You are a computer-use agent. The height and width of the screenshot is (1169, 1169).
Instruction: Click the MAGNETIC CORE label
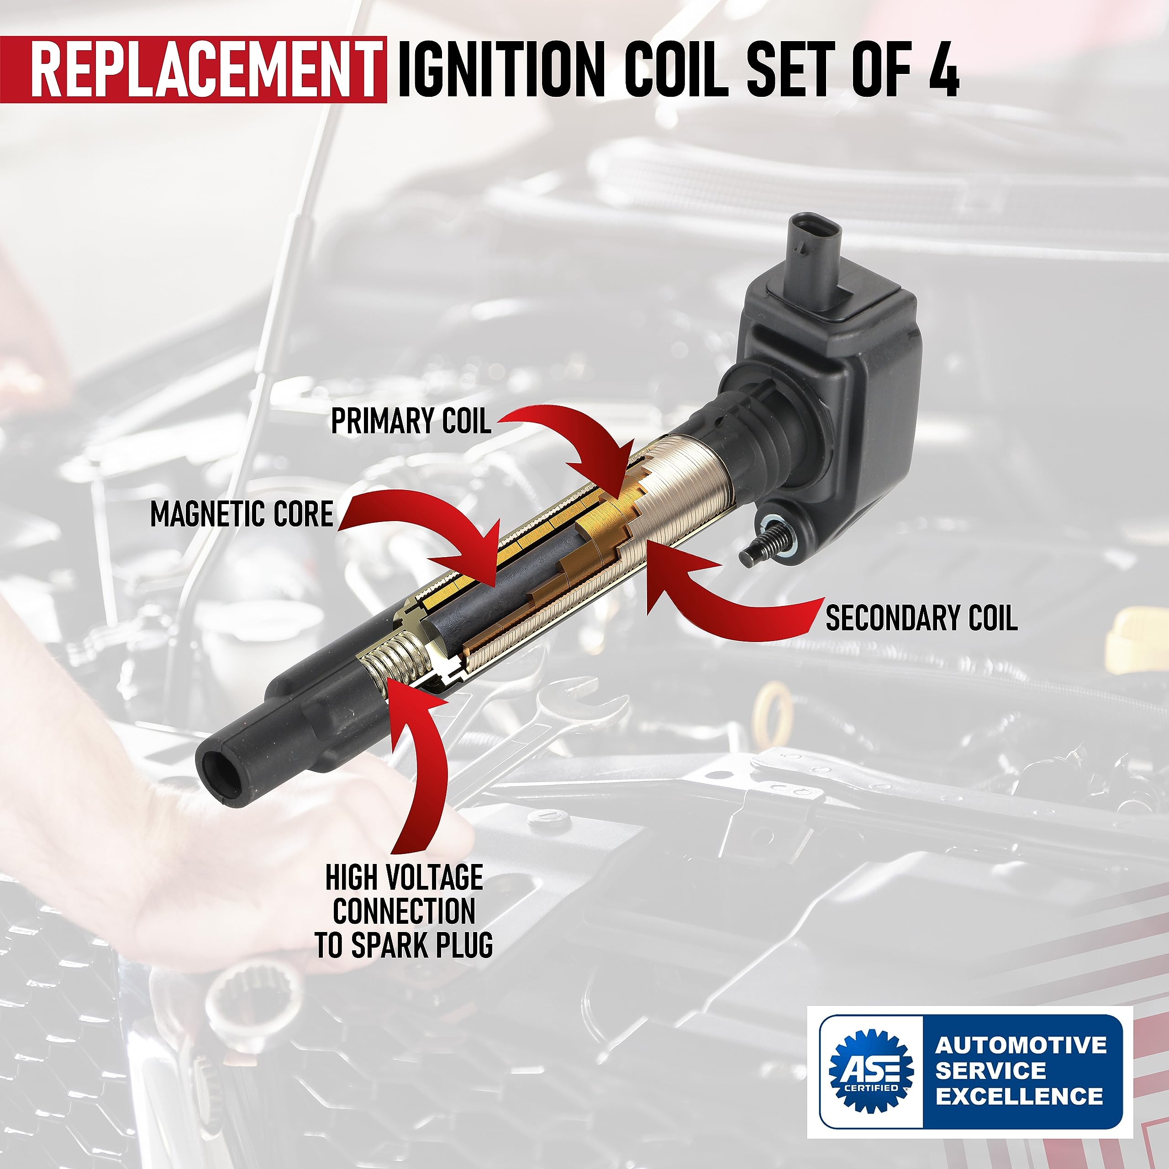pyautogui.click(x=242, y=514)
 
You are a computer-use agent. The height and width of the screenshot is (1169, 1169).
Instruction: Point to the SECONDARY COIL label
pyautogui.click(x=921, y=618)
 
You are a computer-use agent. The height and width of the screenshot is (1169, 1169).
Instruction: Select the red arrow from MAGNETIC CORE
pyautogui.click(x=436, y=532)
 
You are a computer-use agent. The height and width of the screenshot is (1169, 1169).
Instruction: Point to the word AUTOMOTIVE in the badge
pyautogui.click(x=1021, y=1045)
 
